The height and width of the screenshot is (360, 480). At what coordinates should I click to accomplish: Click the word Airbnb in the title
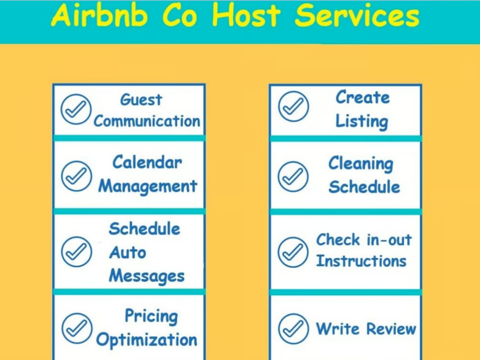tap(99, 16)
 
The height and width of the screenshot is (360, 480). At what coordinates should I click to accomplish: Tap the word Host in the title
tap(246, 16)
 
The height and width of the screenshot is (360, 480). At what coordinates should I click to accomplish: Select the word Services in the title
tap(357, 16)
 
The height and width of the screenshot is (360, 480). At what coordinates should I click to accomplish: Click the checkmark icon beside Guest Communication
tap(76, 109)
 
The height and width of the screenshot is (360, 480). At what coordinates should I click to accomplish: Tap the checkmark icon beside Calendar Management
tap(76, 176)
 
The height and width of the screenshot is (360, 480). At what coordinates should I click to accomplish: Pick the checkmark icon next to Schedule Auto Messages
tap(76, 252)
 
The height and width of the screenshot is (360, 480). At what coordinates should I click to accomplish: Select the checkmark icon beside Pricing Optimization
tap(77, 328)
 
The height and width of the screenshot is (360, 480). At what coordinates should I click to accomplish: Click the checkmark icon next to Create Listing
tap(294, 107)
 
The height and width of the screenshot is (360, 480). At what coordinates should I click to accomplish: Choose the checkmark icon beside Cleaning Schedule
tap(293, 177)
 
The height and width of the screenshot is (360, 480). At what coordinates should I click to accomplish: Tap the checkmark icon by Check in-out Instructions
tap(293, 252)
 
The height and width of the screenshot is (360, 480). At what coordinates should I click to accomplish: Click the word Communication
tap(147, 121)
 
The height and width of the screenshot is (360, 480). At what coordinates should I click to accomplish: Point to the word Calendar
tap(147, 162)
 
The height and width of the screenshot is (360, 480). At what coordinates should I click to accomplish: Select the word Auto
tap(128, 252)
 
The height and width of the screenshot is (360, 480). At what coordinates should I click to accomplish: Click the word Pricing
tap(151, 316)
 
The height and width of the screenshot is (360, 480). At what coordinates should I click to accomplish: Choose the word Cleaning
tap(361, 164)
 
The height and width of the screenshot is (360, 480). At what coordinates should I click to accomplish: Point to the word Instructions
tap(361, 261)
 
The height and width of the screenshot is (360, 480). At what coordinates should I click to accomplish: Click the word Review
tap(391, 329)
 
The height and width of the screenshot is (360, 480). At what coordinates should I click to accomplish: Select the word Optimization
tap(146, 340)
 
